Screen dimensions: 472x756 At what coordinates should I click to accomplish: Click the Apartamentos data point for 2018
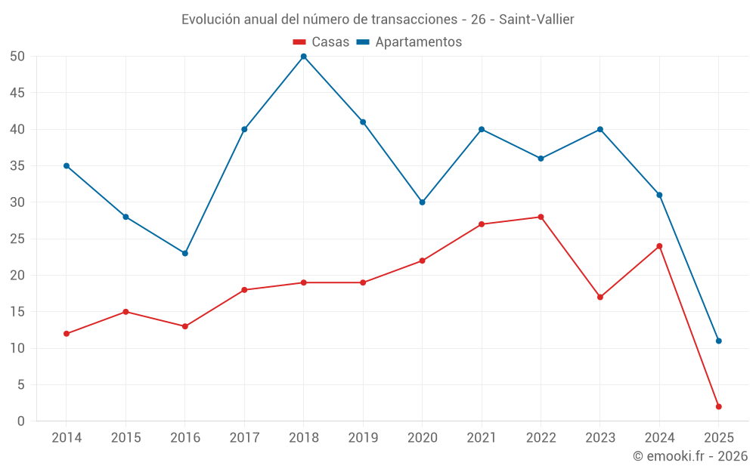coord(304,57)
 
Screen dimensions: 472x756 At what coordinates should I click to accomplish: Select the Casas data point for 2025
coord(718,406)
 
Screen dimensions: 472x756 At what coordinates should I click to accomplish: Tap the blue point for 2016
coord(185,253)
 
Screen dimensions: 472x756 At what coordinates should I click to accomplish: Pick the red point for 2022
coord(541,217)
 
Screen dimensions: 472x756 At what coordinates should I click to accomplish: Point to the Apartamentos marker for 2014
coord(67,165)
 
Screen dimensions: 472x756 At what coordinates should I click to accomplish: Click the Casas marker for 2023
coord(600,297)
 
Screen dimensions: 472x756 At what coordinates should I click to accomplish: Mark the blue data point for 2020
coord(422,202)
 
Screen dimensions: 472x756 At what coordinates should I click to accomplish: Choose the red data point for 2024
coord(659,246)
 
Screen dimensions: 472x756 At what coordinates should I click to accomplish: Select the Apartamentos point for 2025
coord(718,341)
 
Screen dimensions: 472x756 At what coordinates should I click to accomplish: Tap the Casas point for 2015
coord(125,312)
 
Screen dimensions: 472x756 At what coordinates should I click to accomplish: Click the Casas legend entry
coord(321,42)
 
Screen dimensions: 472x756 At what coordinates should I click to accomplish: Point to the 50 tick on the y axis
coord(17,57)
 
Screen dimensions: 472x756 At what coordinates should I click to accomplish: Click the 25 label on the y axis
coord(17,239)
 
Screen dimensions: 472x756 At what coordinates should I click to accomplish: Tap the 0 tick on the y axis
coord(21,421)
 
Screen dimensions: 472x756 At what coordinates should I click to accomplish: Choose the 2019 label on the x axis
coord(363,438)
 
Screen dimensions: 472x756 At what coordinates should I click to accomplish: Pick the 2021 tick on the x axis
coord(482,438)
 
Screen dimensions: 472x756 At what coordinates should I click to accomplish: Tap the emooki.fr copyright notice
coord(690,456)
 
